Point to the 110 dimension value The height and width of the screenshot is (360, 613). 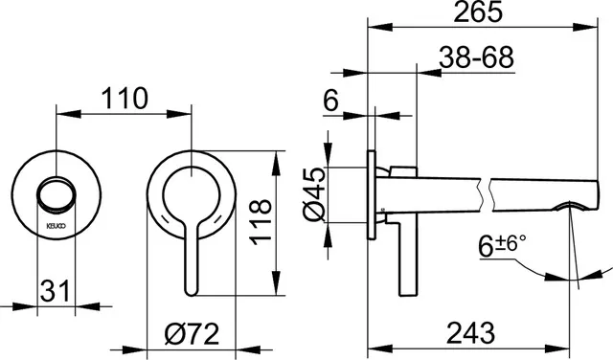click(x=125, y=98)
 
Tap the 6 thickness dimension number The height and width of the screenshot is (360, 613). click(x=331, y=98)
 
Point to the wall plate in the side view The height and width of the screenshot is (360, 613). click(x=375, y=196)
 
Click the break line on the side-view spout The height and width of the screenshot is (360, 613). click(x=488, y=196)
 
